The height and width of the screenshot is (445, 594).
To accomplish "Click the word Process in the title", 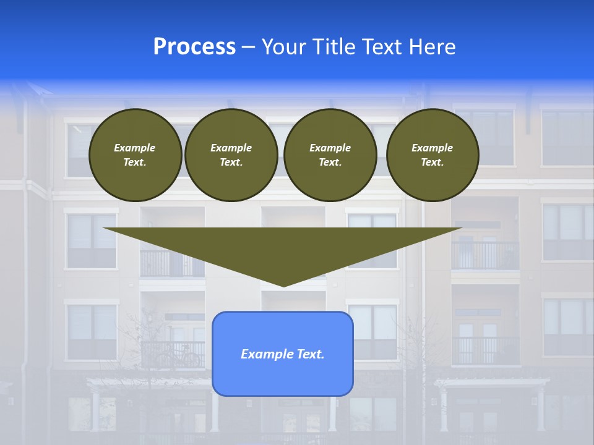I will tap(194, 47).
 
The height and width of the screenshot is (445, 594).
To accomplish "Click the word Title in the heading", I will tap(333, 47).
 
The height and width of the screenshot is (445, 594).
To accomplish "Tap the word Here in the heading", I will tap(431, 47).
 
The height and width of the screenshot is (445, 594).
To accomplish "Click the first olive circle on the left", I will tap(135, 155).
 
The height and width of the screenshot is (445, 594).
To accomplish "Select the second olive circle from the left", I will tap(231, 155).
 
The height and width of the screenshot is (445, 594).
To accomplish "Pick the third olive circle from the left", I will tap(330, 155).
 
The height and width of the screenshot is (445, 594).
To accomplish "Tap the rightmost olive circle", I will tap(433, 155).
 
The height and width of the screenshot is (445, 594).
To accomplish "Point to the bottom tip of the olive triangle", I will tap(283, 286).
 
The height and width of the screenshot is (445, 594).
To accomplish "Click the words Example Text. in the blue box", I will tap(283, 354).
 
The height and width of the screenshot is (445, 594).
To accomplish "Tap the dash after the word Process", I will tap(248, 47).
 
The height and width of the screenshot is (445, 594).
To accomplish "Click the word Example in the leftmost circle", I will tap(135, 148).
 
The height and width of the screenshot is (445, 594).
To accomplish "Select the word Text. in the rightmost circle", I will tap(433, 163).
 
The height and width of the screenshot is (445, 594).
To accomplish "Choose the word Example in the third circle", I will tap(330, 148).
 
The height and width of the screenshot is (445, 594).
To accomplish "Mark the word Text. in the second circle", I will tap(231, 163).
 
